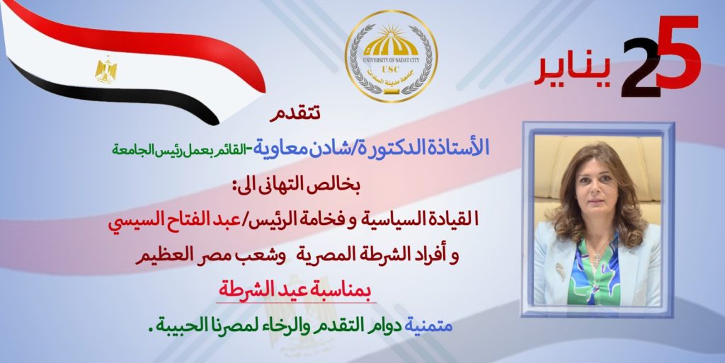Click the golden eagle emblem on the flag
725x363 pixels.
106,70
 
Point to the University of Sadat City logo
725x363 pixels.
391,56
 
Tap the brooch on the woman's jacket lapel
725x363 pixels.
561,272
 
